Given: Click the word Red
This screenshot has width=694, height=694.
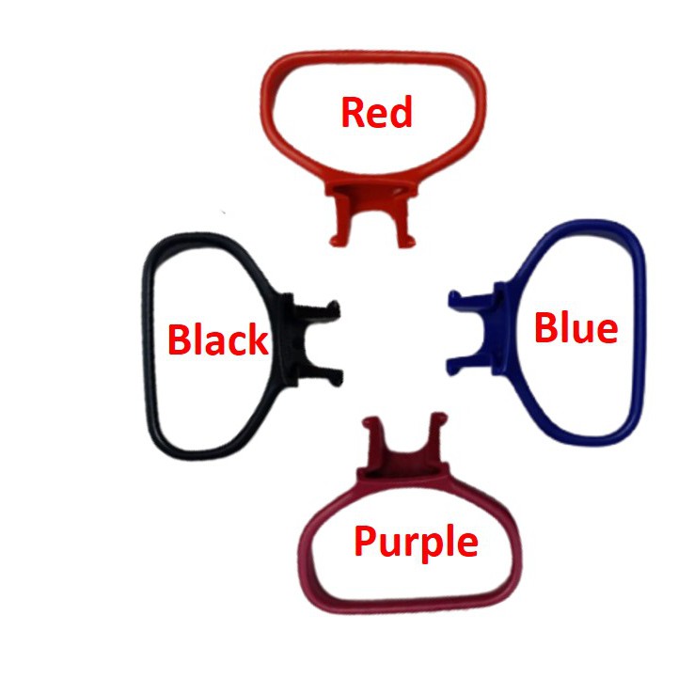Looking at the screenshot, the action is (376, 113).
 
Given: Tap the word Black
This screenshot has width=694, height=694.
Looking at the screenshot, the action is (218, 339).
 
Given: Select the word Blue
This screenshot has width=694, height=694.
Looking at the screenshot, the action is (576, 328).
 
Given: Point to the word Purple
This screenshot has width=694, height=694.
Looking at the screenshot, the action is (416, 543).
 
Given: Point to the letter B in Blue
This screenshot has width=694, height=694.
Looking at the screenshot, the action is (546, 328).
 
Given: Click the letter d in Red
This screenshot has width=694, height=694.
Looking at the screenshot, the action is (401, 113).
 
